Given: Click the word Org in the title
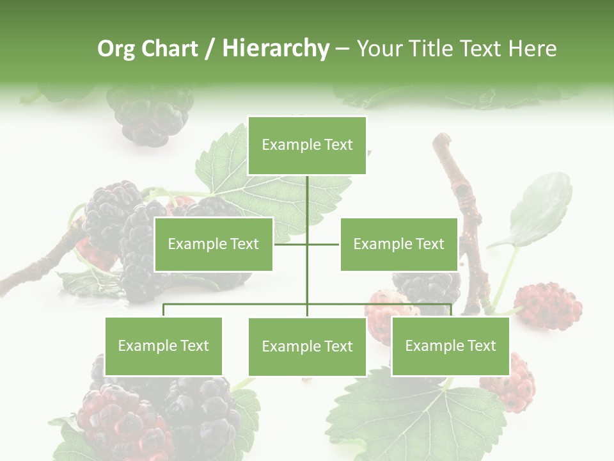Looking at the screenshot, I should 117,49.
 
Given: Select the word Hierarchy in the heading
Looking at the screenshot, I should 275,49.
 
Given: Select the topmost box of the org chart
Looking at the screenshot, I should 307,145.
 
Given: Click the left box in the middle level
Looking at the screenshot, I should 214,244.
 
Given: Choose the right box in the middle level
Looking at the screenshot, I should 398,244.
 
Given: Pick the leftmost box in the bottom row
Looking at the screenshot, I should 163,346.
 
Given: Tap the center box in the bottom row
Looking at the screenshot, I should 307,346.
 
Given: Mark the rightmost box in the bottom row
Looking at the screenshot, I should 450,346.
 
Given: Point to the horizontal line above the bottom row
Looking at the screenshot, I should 237,304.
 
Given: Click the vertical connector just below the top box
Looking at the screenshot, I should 307,192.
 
